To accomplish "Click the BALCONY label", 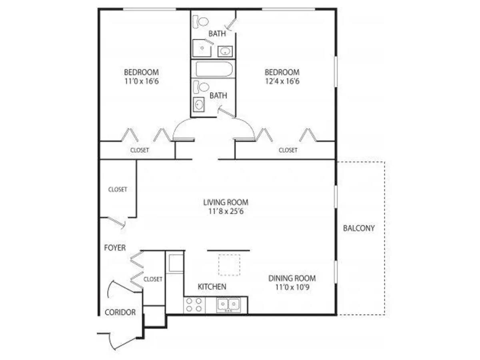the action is pyautogui.click(x=359, y=228).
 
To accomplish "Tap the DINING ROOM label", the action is pyautogui.click(x=292, y=278).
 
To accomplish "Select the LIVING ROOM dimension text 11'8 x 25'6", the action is pyautogui.click(x=226, y=211).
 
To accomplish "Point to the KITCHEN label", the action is pyautogui.click(x=212, y=286).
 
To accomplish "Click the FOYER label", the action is pyautogui.click(x=115, y=248).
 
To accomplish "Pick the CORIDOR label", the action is pyautogui.click(x=120, y=312).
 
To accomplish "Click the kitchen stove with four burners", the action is pyautogui.click(x=194, y=305).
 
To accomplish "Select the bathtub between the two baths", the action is pyautogui.click(x=214, y=69).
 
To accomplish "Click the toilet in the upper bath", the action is pyautogui.click(x=200, y=22).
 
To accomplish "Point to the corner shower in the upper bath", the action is pyautogui.click(x=202, y=48).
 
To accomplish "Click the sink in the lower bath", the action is pyautogui.click(x=199, y=104).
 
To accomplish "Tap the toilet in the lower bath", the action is pyautogui.click(x=201, y=87).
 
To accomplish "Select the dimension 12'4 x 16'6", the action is pyautogui.click(x=282, y=81).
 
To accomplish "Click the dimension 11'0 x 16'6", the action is pyautogui.click(x=142, y=81).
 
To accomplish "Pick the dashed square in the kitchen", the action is pyautogui.click(x=229, y=265).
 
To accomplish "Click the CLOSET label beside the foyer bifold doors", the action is pyautogui.click(x=153, y=279).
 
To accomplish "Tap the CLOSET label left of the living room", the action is pyautogui.click(x=118, y=189).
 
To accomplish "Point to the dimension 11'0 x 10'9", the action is pyautogui.click(x=292, y=287).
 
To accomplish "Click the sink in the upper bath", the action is pyautogui.click(x=225, y=52).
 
